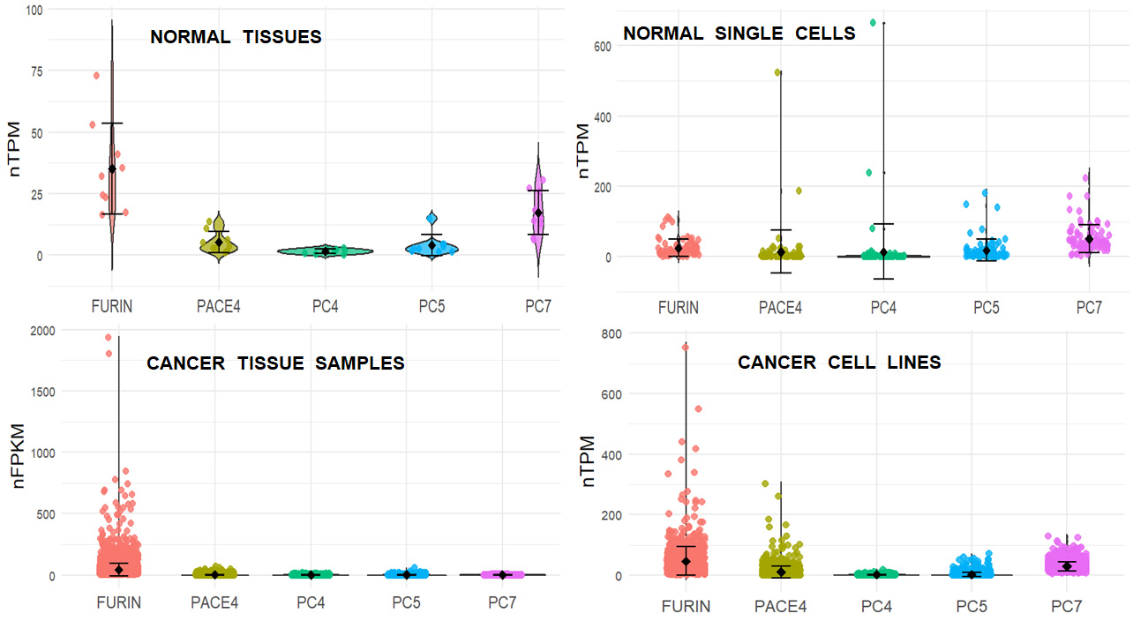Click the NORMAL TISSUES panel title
click(x=236, y=37)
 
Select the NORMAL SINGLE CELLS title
click(x=739, y=34)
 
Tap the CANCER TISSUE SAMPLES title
click(x=275, y=363)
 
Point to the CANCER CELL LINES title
click(x=839, y=363)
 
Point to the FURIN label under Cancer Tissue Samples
click(x=118, y=603)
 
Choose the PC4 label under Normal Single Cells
click(x=883, y=308)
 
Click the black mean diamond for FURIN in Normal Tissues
click(x=112, y=168)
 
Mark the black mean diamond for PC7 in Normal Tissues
click(x=538, y=213)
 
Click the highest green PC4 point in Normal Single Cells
click(x=873, y=22)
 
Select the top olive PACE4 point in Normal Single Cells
click(x=778, y=72)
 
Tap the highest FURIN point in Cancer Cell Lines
click(x=685, y=347)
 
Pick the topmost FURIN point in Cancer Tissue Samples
click(x=108, y=337)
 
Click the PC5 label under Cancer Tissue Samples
click(x=407, y=603)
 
